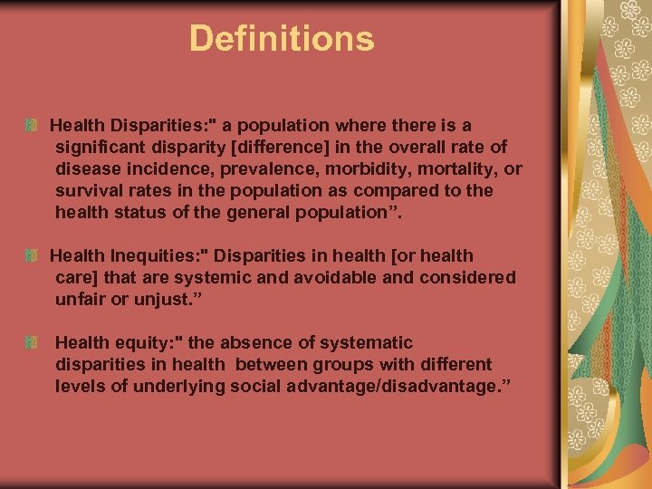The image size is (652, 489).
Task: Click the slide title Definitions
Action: tap(282, 39)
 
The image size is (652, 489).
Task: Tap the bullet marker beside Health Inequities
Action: tap(32, 256)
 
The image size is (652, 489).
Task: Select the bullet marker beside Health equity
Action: tap(32, 343)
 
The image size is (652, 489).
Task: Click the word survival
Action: tap(88, 190)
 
